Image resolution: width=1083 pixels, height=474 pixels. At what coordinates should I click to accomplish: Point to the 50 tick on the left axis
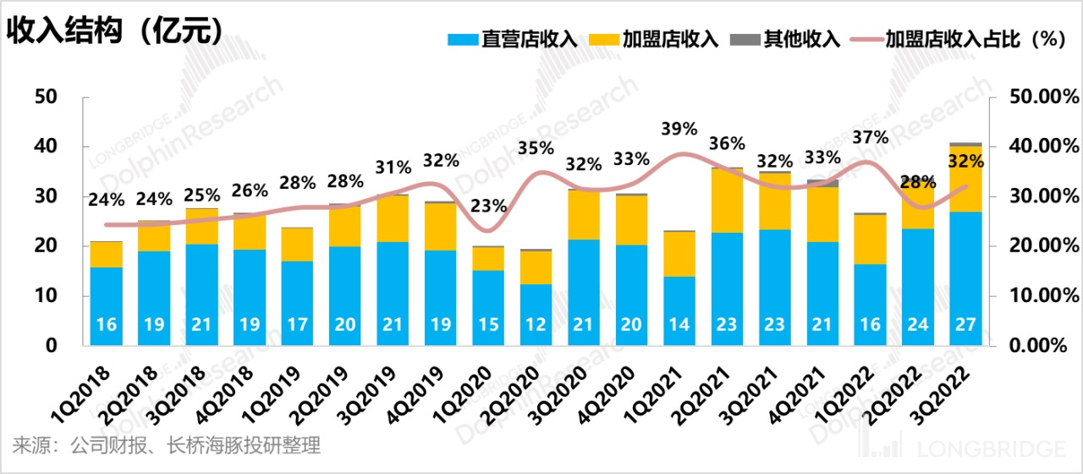(46, 96)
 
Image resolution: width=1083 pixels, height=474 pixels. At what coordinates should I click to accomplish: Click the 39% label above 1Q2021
(679, 129)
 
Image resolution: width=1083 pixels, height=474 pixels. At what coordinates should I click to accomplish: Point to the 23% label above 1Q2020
(488, 206)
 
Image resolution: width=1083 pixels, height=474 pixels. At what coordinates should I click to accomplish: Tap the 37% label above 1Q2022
(870, 137)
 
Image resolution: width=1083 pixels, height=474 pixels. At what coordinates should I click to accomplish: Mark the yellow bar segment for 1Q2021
(679, 254)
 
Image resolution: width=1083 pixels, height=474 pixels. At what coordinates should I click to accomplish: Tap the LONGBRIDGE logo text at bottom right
(994, 449)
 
